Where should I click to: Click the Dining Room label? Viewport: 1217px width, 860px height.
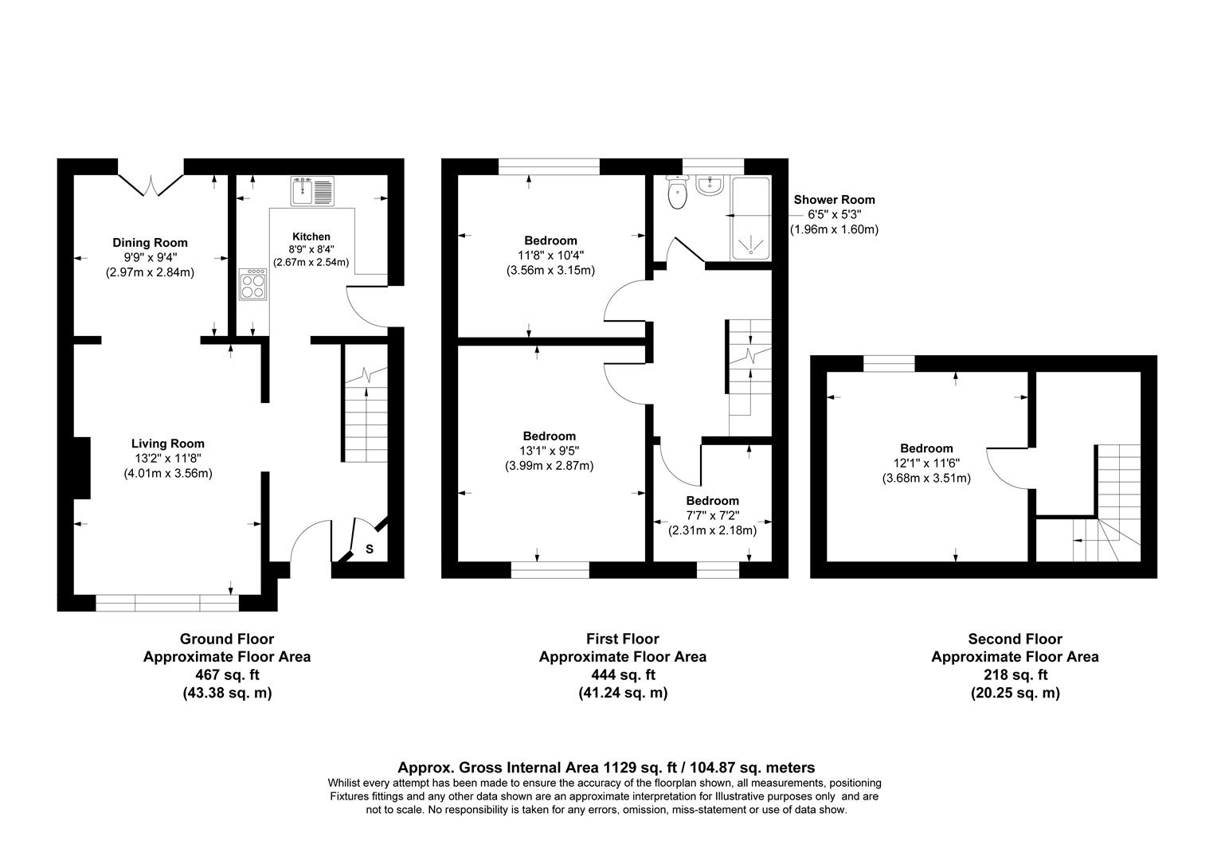tap(150, 243)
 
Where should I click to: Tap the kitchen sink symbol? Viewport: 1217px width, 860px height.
tap(311, 191)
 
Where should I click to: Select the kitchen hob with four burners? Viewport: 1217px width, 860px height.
tap(253, 284)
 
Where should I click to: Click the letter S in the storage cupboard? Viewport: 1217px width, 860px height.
tap(370, 549)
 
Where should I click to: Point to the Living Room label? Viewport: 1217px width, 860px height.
tap(167, 444)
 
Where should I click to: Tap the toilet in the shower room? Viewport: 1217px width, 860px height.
tap(677, 193)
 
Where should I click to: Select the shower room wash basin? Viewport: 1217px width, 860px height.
tap(708, 186)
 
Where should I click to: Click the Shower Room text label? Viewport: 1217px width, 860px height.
tap(834, 200)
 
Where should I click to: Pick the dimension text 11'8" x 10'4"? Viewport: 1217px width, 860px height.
tap(550, 256)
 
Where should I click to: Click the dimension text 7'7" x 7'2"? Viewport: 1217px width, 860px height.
tap(712, 515)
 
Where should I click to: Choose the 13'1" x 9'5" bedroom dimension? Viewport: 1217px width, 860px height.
tap(550, 451)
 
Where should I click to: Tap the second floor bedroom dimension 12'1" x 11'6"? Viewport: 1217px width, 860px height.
tap(926, 463)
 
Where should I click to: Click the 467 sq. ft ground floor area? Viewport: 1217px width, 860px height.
tap(227, 674)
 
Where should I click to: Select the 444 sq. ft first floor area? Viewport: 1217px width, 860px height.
tap(623, 674)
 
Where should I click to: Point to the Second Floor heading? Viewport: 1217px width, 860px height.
tap(1015, 639)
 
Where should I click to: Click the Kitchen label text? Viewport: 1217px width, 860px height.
tap(311, 236)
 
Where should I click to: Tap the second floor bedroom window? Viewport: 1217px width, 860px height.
tap(889, 364)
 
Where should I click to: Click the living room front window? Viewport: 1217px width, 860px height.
tap(167, 604)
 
